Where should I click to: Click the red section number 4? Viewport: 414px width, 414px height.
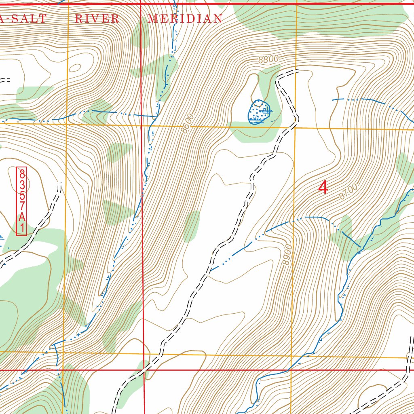point(323,187)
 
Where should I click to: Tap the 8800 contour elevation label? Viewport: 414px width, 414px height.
point(268,59)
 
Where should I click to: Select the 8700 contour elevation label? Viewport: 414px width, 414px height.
point(349,192)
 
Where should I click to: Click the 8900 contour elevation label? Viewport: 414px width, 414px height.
point(287,255)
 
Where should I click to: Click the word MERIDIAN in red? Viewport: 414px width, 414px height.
point(185,19)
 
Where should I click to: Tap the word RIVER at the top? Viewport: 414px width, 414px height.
point(97,19)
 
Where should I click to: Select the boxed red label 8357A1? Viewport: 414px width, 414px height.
point(21,201)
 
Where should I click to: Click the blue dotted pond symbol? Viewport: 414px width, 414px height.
point(258,111)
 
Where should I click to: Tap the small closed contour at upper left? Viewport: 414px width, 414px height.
point(75,68)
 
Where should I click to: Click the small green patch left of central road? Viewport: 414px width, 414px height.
point(191,226)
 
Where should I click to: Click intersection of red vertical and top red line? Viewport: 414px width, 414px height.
point(140,4)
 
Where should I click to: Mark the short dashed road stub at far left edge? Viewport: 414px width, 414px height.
point(4,80)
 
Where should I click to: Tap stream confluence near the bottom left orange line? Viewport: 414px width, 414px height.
point(55,346)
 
